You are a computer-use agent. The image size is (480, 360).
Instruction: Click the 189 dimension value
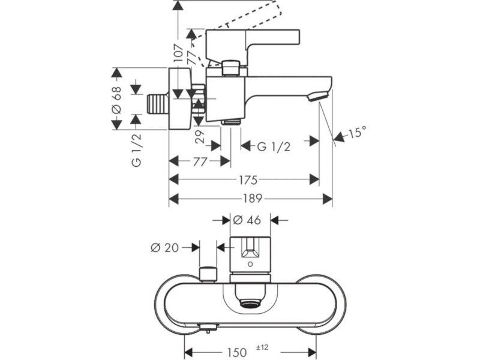tap(253, 199)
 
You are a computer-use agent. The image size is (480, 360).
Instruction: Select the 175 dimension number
tap(248, 179)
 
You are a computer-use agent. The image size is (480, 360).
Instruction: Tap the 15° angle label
tap(356, 132)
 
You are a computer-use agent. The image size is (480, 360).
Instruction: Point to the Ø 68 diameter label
tap(116, 100)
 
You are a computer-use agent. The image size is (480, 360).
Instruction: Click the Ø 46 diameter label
tap(247, 220)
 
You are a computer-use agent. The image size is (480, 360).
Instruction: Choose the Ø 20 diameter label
tap(164, 247)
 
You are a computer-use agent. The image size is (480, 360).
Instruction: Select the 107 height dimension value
tap(178, 53)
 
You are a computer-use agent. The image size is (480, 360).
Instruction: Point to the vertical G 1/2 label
tap(137, 150)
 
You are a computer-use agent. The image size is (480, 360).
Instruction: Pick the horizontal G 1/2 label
tap(274, 147)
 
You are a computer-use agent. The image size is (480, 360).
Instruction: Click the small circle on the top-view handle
tap(251, 264)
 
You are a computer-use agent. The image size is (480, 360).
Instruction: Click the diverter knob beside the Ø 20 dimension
tap(208, 275)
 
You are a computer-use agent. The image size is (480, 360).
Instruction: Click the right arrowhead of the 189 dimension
tap(328, 199)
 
